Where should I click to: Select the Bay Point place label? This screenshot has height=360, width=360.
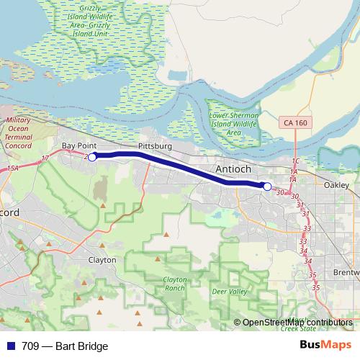point(78,146)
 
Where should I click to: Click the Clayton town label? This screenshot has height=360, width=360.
point(102,259)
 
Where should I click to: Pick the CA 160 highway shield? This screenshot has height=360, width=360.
point(294,124)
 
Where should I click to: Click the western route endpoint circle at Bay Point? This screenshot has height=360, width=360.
point(92,156)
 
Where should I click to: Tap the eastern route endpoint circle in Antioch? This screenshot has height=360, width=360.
point(267,186)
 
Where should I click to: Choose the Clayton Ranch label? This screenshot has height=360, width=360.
point(174,283)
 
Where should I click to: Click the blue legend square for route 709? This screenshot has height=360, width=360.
point(9,346)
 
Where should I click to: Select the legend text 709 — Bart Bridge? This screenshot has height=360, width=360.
point(65,346)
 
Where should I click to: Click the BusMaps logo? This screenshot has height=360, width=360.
point(325,346)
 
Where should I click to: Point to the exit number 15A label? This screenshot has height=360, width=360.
point(12,168)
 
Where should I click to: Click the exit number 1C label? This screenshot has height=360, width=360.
point(295,161)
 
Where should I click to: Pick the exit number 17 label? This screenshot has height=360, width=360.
point(45,157)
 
